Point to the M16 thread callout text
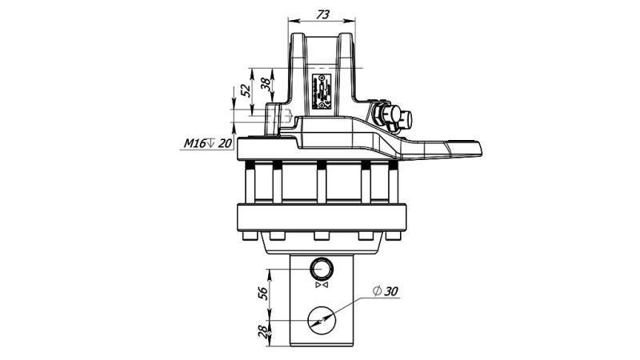(x=194, y=143)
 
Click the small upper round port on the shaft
(x=322, y=268)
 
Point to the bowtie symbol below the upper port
(x=322, y=286)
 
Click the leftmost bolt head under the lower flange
(x=277, y=235)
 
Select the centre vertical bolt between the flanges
(x=322, y=183)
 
